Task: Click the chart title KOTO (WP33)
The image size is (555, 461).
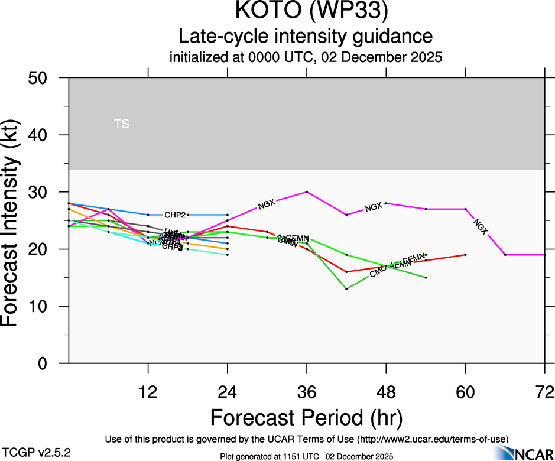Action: tap(306, 13)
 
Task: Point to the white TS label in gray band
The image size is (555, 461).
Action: tap(122, 124)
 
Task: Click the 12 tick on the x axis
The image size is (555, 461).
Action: tap(148, 391)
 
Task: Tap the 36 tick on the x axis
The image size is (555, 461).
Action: tap(306, 391)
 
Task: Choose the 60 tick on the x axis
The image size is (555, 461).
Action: tap(465, 391)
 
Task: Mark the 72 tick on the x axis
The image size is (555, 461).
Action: tap(544, 391)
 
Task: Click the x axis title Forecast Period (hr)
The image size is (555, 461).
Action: tap(306, 417)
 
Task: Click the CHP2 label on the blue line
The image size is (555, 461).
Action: tap(175, 215)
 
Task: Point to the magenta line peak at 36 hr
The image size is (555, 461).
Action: tap(307, 192)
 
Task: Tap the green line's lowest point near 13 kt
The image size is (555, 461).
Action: tap(346, 289)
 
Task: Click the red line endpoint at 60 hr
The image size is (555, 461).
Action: tap(466, 255)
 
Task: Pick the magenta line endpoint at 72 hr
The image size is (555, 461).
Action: tap(544, 255)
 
